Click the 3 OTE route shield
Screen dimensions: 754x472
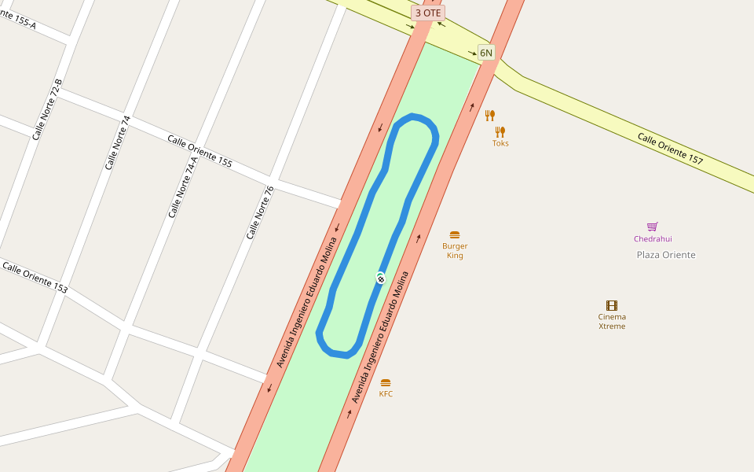pyautogui.click(x=428, y=13)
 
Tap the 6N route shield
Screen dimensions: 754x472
pyautogui.click(x=486, y=53)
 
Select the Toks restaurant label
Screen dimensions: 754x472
pyautogui.click(x=500, y=143)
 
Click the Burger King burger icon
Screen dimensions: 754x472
pyautogui.click(x=455, y=234)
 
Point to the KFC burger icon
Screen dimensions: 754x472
pyautogui.click(x=386, y=382)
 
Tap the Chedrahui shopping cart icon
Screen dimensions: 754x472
pyautogui.click(x=652, y=227)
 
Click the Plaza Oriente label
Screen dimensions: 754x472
pyautogui.click(x=665, y=255)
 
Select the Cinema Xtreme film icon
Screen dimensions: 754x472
pyautogui.click(x=612, y=305)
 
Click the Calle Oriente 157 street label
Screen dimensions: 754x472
pyautogui.click(x=670, y=149)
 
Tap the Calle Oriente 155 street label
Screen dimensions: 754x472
pyautogui.click(x=199, y=150)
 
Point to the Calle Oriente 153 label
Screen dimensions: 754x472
pyautogui.click(x=35, y=278)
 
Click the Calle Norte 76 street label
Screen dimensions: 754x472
pyautogui.click(x=260, y=212)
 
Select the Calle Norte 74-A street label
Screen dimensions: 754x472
pyautogui.click(x=182, y=187)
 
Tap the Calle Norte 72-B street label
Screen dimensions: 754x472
pyautogui.click(x=46, y=109)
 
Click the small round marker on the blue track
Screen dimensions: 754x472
pyautogui.click(x=380, y=278)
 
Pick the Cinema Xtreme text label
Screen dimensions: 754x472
pyautogui.click(x=612, y=321)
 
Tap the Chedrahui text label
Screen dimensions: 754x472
pyautogui.click(x=653, y=239)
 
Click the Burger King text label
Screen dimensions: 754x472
pyautogui.click(x=455, y=251)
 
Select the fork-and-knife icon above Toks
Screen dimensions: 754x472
pyautogui.click(x=489, y=116)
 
